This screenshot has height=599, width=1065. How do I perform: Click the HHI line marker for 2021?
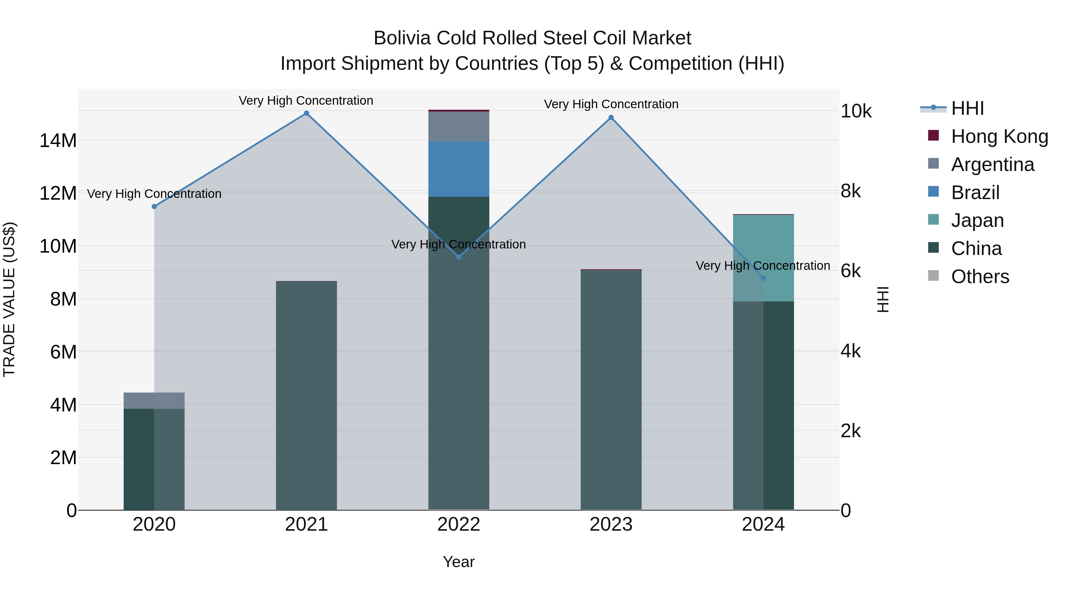click(x=306, y=113)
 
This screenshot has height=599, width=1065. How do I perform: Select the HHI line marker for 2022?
click(x=459, y=257)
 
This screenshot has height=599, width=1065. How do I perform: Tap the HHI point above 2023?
click(x=611, y=118)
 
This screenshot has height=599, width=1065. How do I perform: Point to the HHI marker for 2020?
click(x=154, y=207)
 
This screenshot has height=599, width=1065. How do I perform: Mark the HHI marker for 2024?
click(x=763, y=278)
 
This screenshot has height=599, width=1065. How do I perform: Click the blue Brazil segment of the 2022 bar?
click(x=459, y=169)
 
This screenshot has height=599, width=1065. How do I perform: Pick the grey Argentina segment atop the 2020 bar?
click(x=154, y=401)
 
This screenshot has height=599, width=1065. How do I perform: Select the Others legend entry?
click(x=980, y=277)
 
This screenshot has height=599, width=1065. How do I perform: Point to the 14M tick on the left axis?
click(x=58, y=141)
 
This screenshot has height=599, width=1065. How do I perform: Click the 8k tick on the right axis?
click(x=851, y=191)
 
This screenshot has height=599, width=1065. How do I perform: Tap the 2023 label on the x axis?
click(x=611, y=524)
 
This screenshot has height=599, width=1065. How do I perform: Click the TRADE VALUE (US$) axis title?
click(x=9, y=299)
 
